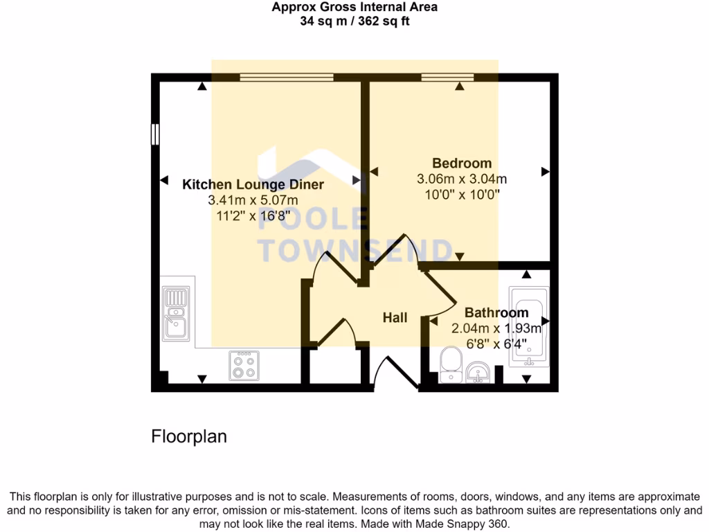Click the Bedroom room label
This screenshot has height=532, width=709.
point(462,163)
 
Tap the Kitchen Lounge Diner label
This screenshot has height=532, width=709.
point(253,185)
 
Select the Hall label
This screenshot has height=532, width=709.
point(395,317)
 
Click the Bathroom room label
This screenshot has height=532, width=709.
point(496,312)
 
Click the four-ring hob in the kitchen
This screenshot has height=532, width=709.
point(244,365)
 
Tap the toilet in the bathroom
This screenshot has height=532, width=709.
point(451,365)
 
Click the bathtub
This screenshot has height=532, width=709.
point(529,326)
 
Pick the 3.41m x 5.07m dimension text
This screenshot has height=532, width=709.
point(253,200)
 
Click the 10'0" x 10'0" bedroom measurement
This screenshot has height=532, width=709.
point(462,195)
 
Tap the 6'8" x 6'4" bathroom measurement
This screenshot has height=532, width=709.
point(487,344)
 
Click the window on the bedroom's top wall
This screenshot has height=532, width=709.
point(447,77)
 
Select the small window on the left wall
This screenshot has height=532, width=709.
point(155,134)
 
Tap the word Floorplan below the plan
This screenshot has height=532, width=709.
point(189,437)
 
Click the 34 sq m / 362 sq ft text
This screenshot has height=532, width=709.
point(354,21)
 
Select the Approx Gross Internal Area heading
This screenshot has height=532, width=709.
point(354,8)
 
